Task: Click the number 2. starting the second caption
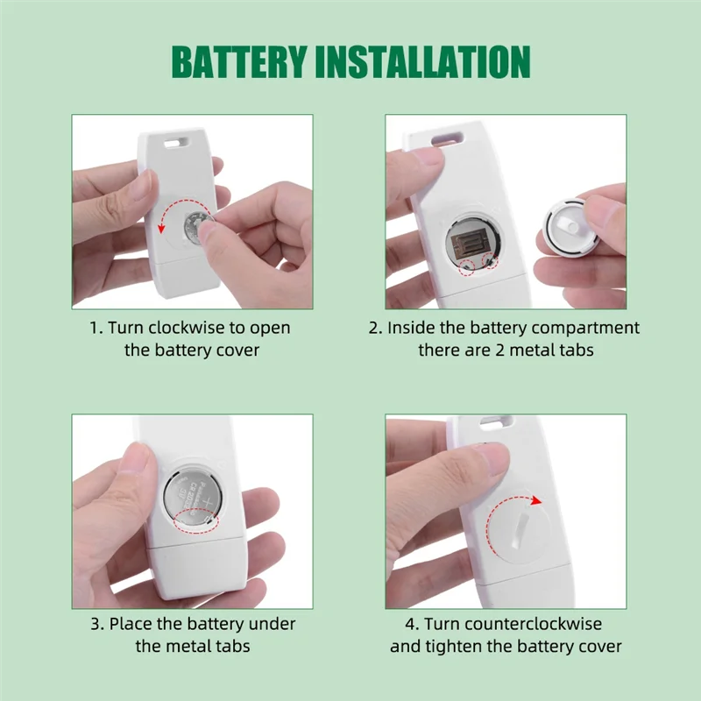375,329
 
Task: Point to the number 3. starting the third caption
96,625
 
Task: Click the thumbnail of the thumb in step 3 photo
137,457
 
